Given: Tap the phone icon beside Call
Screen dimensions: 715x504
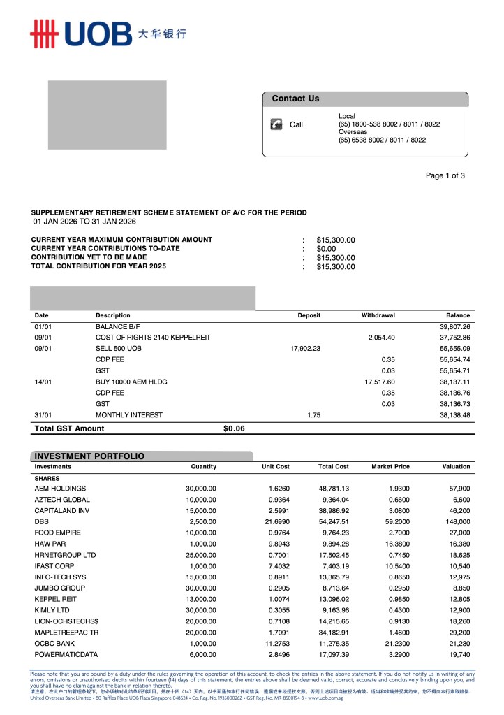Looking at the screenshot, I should pos(276,124).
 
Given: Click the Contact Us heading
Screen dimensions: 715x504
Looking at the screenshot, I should pos(295,99).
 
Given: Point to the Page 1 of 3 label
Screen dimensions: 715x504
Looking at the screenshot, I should pos(445,175).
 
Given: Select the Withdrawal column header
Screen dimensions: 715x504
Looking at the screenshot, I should pos(378,315).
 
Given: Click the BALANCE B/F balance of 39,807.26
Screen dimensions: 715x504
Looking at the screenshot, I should pos(454,326).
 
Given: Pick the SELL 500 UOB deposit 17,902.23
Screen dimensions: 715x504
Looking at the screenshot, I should pos(305,348).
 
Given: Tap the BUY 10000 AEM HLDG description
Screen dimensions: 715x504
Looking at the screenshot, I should pos(131,382).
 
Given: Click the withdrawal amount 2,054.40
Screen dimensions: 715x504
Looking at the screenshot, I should pos(381,338).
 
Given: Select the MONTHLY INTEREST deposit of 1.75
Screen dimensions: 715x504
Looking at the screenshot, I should pos(313,414).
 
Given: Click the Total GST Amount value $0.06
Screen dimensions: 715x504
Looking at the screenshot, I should pos(234,428).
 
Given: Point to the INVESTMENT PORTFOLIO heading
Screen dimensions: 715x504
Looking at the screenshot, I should pos(89,456).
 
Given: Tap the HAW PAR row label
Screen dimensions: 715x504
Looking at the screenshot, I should pos(50,544).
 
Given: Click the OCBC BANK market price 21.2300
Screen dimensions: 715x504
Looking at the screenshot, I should pos(395,644).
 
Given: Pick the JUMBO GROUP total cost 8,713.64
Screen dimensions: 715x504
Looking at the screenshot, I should pos(333,588).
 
